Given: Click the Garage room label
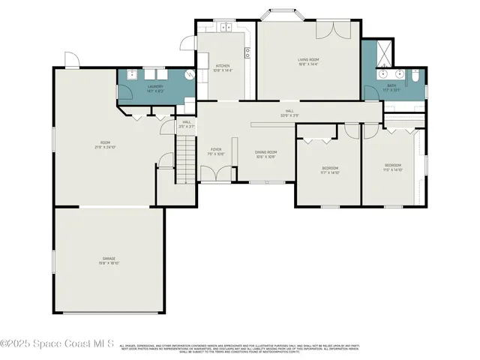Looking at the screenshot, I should (108, 260).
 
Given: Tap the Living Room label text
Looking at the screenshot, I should (308, 61).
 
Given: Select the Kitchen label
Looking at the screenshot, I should (223, 67).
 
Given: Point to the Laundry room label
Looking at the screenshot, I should (155, 88).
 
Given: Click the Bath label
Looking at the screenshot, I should (391, 88).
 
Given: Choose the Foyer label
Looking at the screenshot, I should (215, 151).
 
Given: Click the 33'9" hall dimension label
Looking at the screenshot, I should (289, 113).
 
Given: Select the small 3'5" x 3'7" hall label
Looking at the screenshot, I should (186, 124).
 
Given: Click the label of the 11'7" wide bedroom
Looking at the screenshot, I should (330, 169).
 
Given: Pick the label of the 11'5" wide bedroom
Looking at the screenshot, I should (393, 167).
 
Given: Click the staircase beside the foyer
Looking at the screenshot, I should (185, 161).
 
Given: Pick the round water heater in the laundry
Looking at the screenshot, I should (189, 75).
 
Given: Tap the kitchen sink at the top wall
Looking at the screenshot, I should (224, 28).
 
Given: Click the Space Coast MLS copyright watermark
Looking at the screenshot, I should (57, 344).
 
